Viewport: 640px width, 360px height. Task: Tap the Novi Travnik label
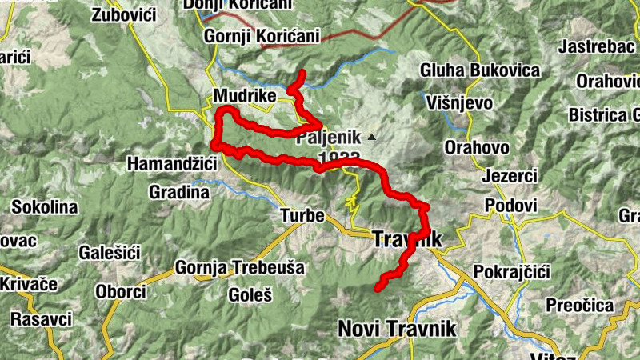(397, 328)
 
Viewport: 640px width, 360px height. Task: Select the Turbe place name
(302, 216)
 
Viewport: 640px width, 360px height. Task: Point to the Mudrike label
(245, 96)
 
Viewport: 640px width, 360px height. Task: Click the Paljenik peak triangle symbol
(371, 137)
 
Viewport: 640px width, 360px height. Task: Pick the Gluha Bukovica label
(480, 70)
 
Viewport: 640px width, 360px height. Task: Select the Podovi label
(510, 206)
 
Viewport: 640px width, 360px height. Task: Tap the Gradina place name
(179, 192)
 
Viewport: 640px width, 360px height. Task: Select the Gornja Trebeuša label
(239, 267)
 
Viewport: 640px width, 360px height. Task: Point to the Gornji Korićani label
(262, 36)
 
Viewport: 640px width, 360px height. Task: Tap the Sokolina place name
(44, 207)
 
